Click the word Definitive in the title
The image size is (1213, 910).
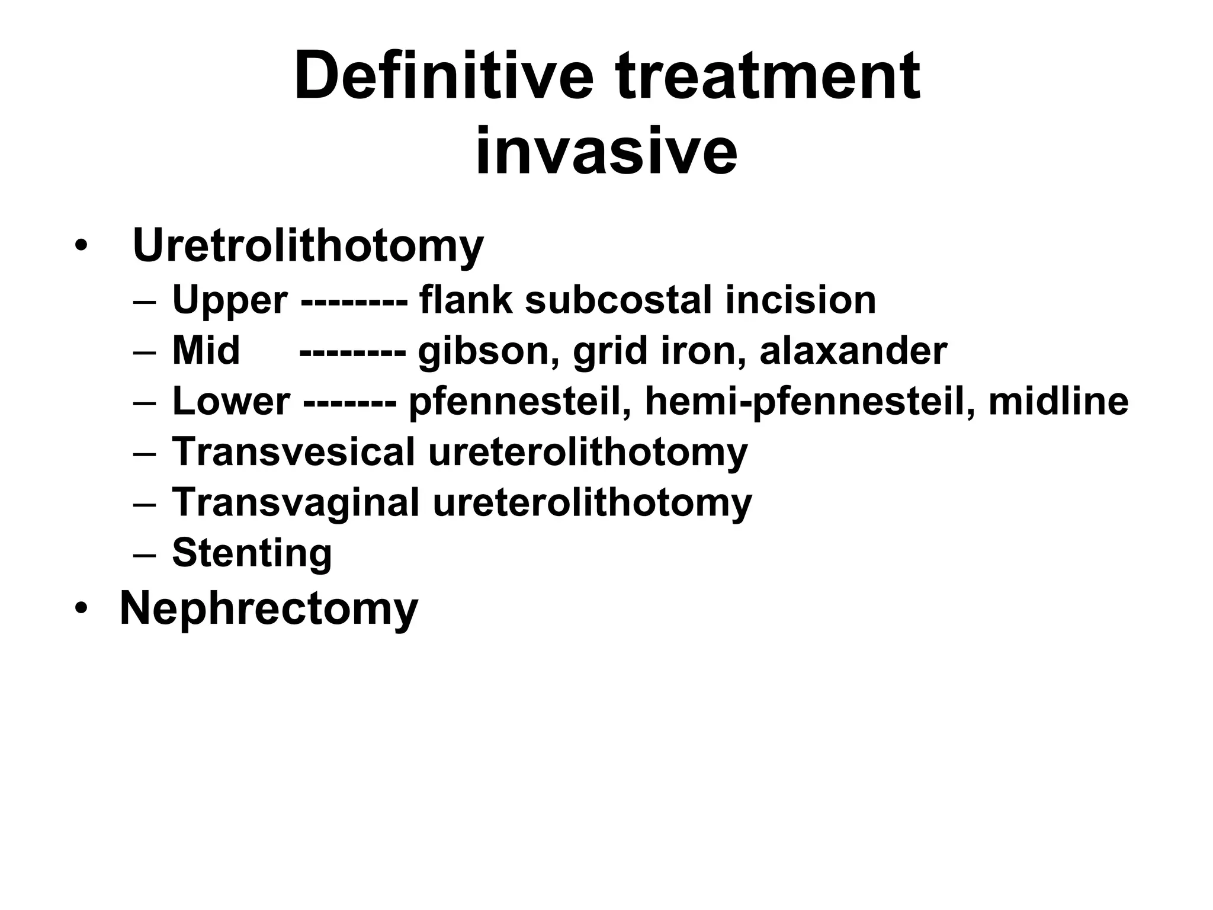444,76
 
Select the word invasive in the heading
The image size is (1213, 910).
606,152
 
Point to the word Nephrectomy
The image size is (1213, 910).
269,608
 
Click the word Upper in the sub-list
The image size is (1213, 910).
230,300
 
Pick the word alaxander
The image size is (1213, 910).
853,351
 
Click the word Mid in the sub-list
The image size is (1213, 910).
206,351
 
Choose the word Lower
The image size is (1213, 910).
231,401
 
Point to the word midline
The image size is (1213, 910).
1058,401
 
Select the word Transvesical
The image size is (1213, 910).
294,452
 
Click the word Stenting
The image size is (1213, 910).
252,553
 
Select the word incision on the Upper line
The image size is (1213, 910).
800,300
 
